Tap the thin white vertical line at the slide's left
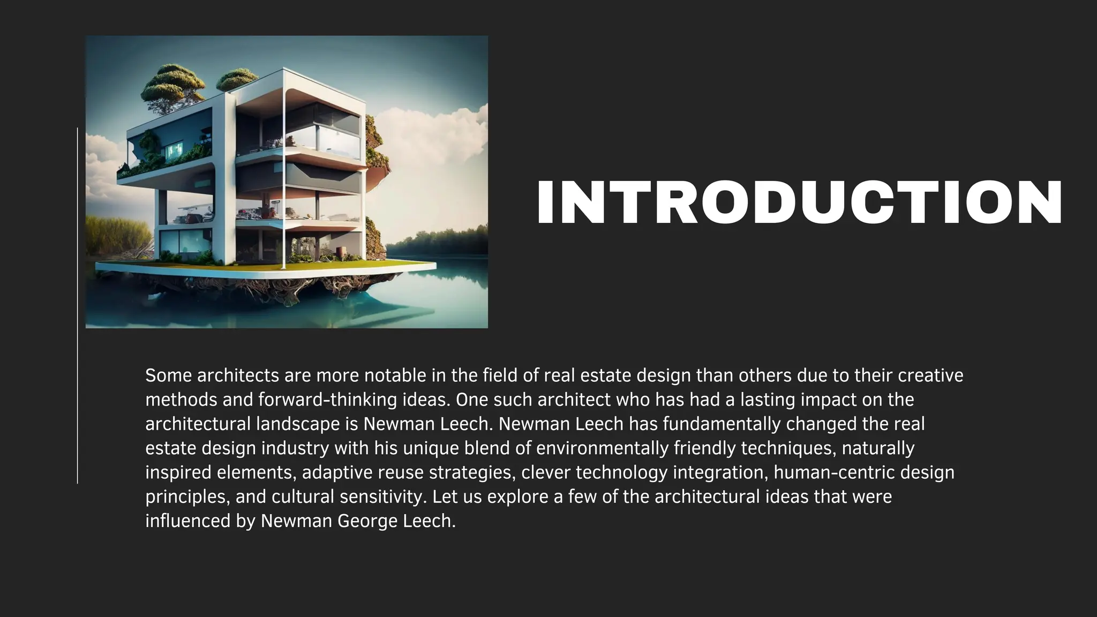pyautogui.click(x=78, y=305)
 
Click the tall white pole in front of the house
pyautogui.click(x=283, y=177)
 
